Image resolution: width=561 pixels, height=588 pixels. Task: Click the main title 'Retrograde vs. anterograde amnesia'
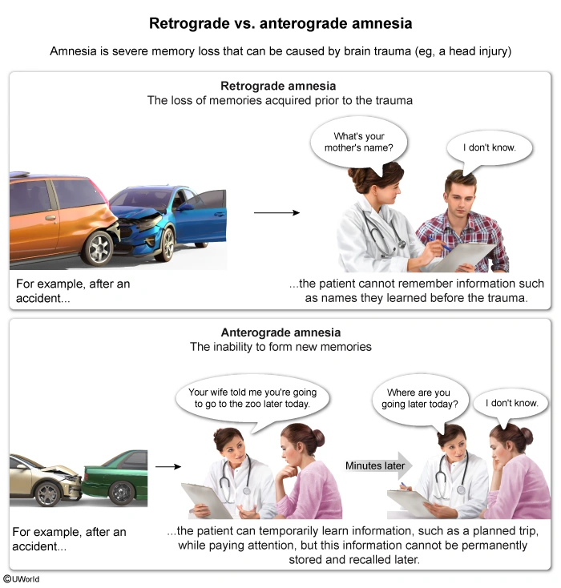pyautogui.click(x=280, y=23)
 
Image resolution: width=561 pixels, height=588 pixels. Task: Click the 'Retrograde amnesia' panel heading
pyautogui.click(x=278, y=86)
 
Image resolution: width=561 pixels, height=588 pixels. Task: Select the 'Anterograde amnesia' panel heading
pyautogui.click(x=280, y=332)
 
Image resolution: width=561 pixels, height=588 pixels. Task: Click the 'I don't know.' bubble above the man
pyautogui.click(x=490, y=148)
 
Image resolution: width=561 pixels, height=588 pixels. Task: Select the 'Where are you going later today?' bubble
pyautogui.click(x=420, y=400)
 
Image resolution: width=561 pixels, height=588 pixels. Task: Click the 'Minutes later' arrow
pyautogui.click(x=378, y=465)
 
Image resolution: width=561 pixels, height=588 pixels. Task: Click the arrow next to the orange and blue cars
pyautogui.click(x=276, y=212)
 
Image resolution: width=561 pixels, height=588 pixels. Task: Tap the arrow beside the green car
pyautogui.click(x=168, y=466)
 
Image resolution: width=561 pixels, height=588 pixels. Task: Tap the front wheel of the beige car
pyautogui.click(x=48, y=493)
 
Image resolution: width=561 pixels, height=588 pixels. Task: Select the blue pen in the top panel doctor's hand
pyautogui.click(x=439, y=243)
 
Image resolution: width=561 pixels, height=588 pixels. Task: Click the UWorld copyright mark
pyautogui.click(x=22, y=578)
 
